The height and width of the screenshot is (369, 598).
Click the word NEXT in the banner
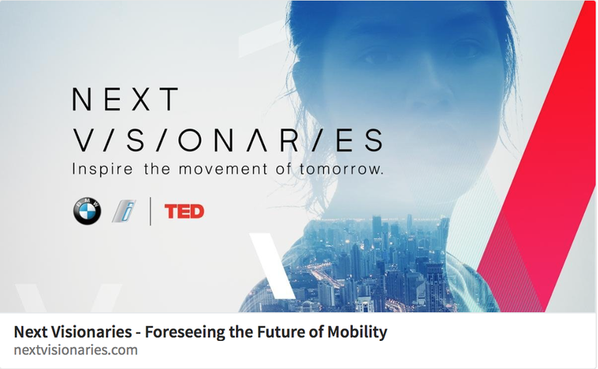coord(125,100)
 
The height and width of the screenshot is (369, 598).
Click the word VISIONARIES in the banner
coord(227,139)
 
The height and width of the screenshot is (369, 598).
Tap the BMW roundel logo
coord(87,211)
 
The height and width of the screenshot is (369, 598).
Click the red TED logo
coord(185,211)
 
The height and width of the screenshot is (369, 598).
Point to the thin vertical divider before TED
coord(150,211)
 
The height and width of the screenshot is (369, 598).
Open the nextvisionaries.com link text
coord(76,350)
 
